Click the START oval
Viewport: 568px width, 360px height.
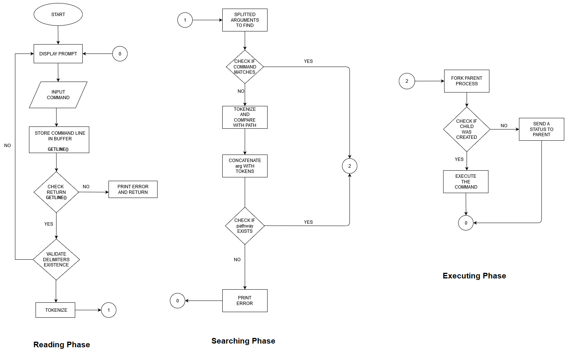tap(58, 15)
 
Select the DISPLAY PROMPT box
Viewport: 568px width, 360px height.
tap(58, 54)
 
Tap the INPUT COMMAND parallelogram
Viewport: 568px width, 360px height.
tap(58, 95)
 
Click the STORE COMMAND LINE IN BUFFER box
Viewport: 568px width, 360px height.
tap(59, 140)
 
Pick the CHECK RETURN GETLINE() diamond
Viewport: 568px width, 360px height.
tap(56, 192)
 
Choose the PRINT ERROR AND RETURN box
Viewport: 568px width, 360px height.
tap(133, 189)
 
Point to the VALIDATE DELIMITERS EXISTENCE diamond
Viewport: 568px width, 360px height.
tap(56, 259)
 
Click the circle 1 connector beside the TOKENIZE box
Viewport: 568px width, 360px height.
tap(109, 310)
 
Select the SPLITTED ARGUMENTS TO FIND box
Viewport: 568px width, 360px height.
tap(245, 20)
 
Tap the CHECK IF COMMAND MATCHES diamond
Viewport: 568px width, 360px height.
tap(245, 67)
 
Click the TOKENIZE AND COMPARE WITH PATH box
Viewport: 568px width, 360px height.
tap(245, 117)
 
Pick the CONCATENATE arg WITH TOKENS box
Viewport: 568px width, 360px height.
tap(245, 166)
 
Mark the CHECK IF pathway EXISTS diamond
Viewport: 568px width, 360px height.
tap(245, 226)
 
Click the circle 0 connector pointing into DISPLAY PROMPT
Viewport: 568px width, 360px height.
tap(120, 54)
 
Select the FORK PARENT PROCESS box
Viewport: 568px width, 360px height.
tap(467, 81)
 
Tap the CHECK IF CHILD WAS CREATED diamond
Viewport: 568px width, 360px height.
tap(467, 129)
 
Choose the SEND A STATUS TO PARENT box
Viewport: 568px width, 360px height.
tap(541, 129)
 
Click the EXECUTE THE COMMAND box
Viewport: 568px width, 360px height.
tap(466, 181)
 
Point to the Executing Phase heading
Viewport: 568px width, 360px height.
tap(474, 276)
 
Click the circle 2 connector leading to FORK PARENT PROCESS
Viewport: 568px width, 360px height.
tap(407, 81)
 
